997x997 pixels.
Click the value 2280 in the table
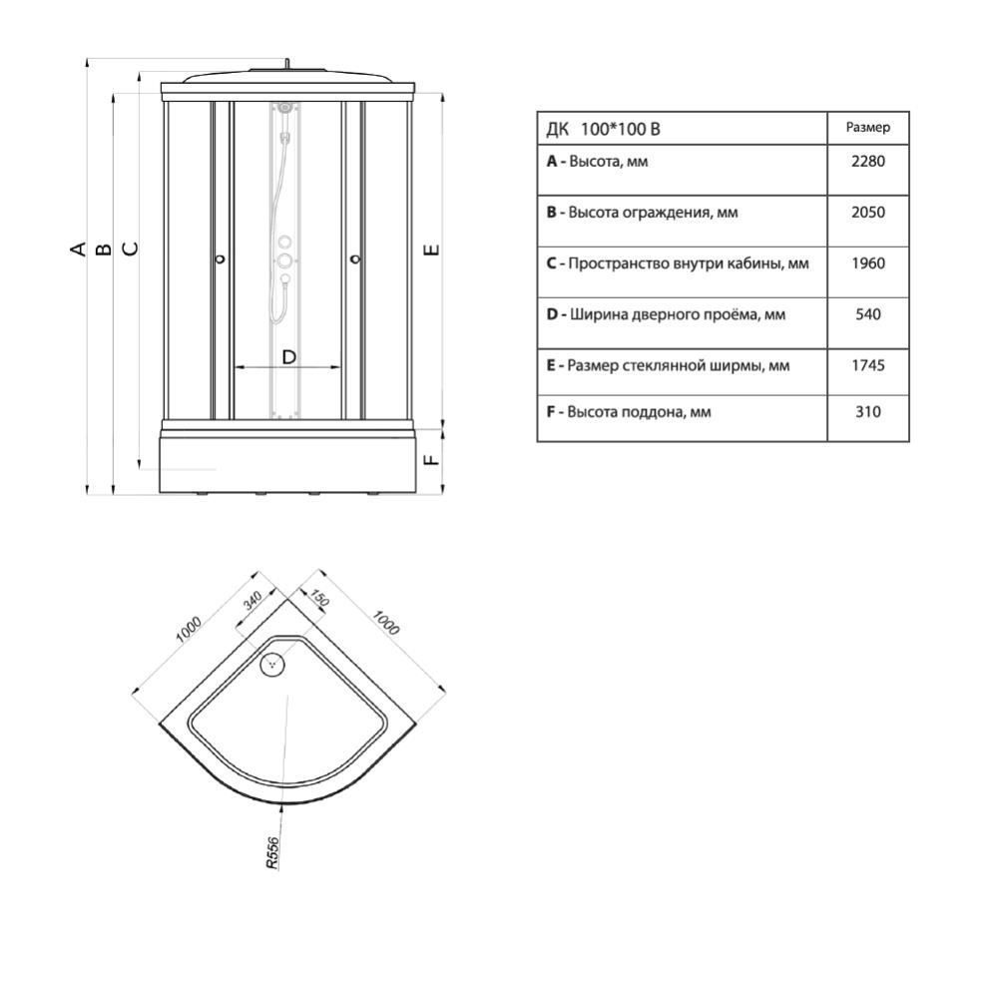coord(868,162)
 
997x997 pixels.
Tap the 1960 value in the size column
coord(868,263)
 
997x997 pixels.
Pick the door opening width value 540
coord(868,314)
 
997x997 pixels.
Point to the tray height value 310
coord(868,412)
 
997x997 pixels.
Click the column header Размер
coord(868,128)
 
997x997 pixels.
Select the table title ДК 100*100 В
coord(603,129)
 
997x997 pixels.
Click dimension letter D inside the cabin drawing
coord(288,357)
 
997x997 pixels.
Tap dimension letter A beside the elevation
coord(78,248)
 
